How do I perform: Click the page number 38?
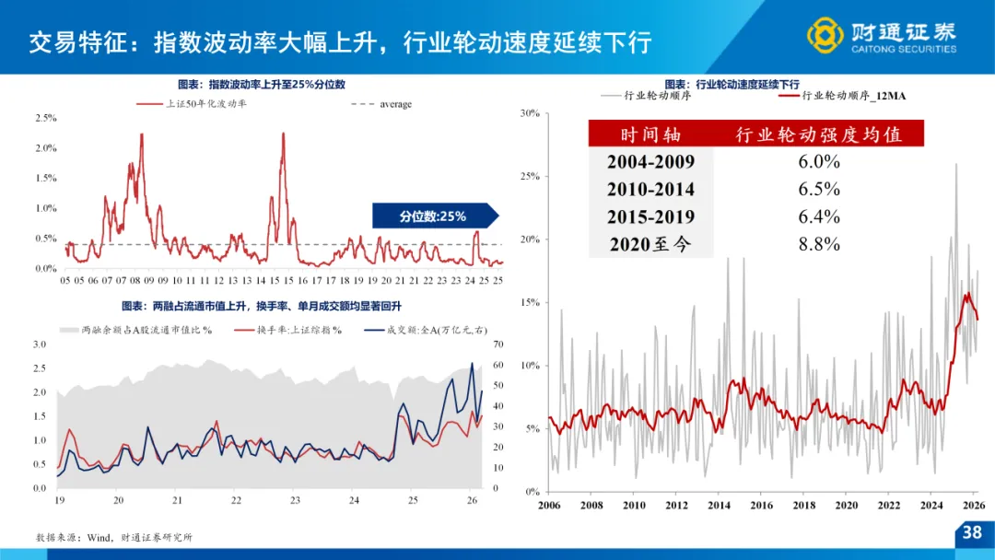[x=972, y=532]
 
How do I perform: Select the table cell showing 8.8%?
[x=820, y=244]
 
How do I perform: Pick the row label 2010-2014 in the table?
[x=650, y=189]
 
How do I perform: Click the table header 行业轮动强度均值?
[x=818, y=134]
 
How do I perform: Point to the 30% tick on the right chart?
[x=528, y=113]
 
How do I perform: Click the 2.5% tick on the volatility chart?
[x=45, y=118]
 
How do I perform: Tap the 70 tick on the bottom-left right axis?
[x=499, y=345]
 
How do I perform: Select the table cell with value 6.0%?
[x=820, y=161]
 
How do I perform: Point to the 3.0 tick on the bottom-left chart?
[x=40, y=344]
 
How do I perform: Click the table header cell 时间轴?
[x=650, y=134]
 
